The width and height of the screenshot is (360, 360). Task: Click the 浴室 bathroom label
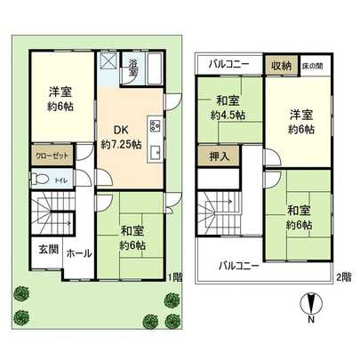132,68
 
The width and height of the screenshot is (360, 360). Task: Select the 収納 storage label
282,65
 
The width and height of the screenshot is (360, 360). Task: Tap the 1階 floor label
172,276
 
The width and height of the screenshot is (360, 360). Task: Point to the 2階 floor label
342,276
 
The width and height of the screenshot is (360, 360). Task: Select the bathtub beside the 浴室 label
152,67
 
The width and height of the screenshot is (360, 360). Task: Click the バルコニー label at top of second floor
229,65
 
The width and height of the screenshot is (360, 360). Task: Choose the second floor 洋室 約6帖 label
300,121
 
